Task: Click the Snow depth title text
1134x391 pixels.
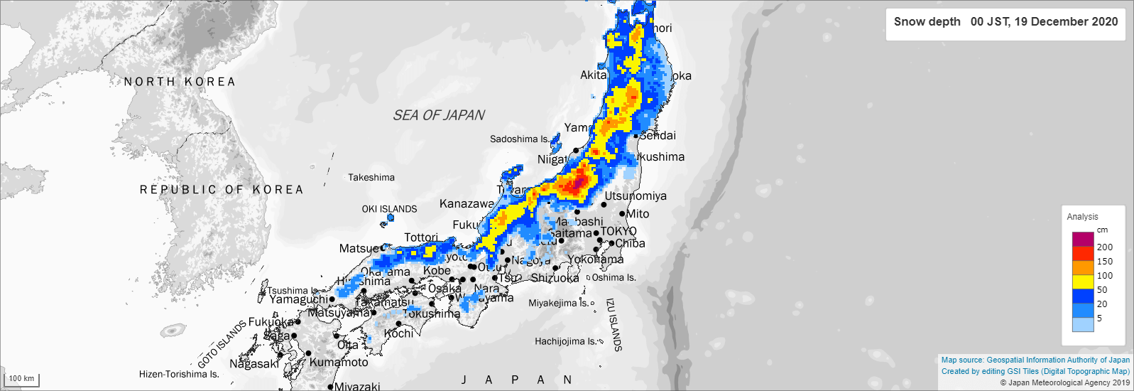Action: (927, 21)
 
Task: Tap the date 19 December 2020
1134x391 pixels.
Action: (1066, 21)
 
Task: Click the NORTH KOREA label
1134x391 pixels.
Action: (180, 82)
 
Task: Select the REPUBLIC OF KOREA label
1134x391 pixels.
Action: (222, 190)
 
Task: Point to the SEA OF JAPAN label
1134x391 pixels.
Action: (439, 115)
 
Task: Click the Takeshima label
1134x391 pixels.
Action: (371, 178)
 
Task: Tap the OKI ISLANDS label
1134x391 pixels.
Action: (389, 209)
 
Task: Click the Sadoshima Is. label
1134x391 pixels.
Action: (519, 139)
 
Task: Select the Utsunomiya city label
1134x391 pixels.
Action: (636, 196)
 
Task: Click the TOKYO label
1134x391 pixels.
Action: (618, 231)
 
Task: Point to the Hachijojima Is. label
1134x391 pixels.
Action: (565, 341)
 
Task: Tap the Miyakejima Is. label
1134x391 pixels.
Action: (558, 303)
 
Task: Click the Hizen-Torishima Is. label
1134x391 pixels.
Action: (179, 374)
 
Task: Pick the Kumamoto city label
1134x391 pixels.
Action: (339, 363)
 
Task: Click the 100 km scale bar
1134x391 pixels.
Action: (21, 380)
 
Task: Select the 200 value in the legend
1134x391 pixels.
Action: (1105, 247)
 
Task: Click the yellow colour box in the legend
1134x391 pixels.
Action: (1083, 282)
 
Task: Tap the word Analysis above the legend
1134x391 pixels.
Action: (1082, 217)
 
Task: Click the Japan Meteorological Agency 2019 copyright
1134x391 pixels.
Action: (1064, 382)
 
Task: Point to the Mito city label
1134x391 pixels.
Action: (638, 214)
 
